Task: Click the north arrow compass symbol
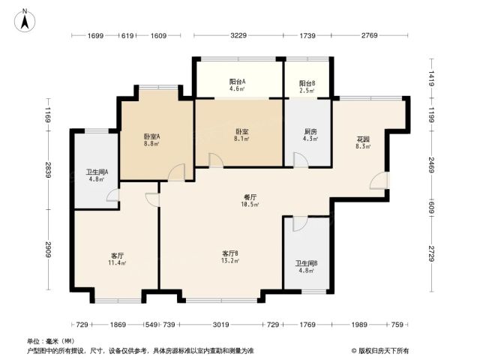click(25, 20)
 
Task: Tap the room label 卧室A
click(151, 136)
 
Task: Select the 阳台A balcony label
click(237, 82)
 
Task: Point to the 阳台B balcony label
click(307, 83)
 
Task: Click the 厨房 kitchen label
click(310, 132)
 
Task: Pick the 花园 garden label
click(363, 139)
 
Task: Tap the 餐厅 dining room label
click(250, 197)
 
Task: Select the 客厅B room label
click(230, 253)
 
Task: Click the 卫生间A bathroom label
click(97, 172)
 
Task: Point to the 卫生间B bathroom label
click(306, 263)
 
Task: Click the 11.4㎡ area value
click(117, 262)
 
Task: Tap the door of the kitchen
click(301, 160)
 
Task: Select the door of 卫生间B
click(300, 223)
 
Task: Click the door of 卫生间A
click(113, 195)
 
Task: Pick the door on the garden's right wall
click(379, 181)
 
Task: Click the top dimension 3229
click(238, 35)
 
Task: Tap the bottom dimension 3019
click(220, 324)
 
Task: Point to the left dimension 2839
click(48, 170)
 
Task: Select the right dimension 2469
click(431, 165)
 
